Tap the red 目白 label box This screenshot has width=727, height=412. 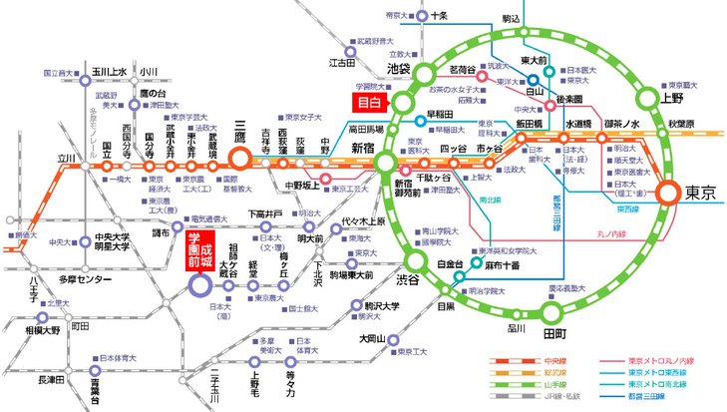pos(378,101)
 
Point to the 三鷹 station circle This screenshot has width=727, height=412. pos(239,158)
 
